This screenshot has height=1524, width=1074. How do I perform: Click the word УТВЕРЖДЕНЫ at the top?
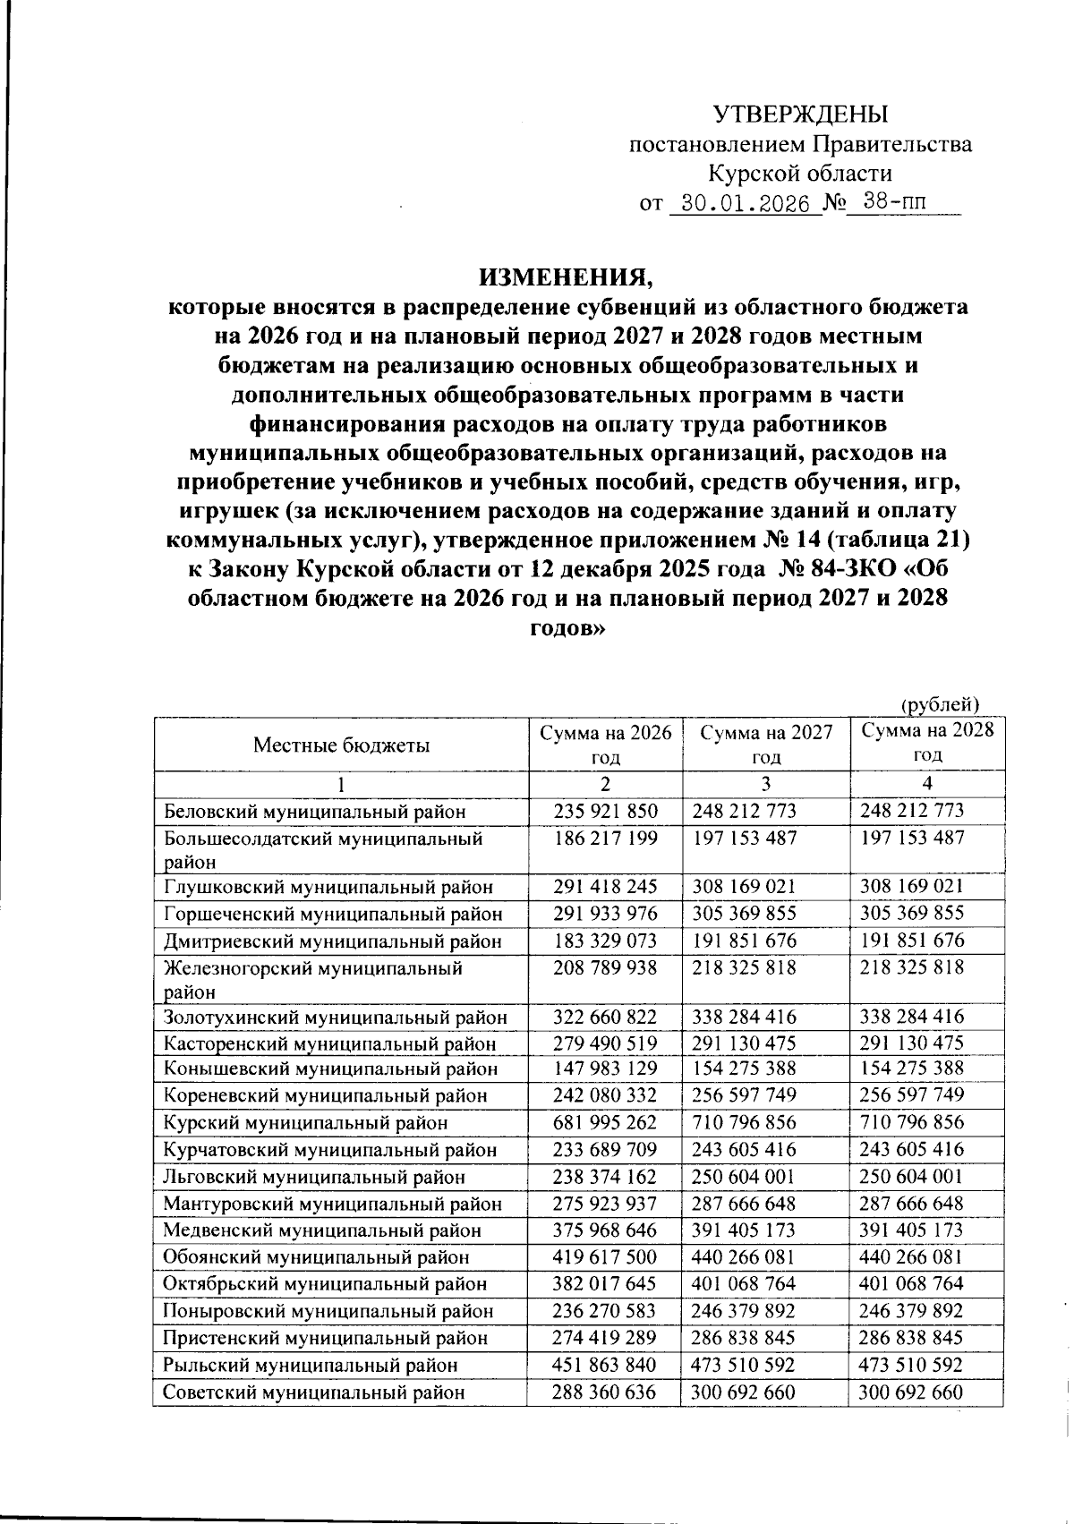[x=800, y=115]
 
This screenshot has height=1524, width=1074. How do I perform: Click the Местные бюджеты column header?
[x=340, y=745]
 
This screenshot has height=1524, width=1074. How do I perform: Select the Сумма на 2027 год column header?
[x=766, y=745]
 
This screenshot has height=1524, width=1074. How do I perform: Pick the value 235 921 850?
[x=605, y=812]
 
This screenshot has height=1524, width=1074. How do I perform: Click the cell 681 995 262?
[x=605, y=1122]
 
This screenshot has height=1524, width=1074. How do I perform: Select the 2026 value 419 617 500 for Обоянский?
[x=605, y=1256]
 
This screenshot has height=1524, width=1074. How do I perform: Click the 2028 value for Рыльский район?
[x=911, y=1365]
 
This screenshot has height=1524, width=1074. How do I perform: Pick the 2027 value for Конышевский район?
[x=745, y=1069]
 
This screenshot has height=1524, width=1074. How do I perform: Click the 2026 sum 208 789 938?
[x=605, y=967]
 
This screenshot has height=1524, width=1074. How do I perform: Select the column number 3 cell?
[x=766, y=783]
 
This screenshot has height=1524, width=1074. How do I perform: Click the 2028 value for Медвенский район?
[x=911, y=1230]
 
